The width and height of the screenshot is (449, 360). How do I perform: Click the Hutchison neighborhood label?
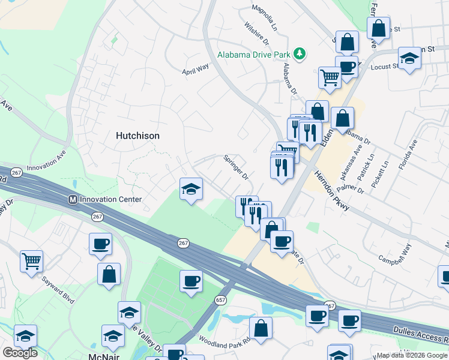click(x=137, y=136)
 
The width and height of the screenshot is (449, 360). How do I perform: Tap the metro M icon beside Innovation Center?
click(x=73, y=199)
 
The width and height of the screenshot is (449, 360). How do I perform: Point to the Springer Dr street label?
click(x=236, y=167)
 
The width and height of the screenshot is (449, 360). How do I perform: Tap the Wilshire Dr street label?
click(x=256, y=33)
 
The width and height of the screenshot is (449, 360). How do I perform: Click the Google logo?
click(x=20, y=353)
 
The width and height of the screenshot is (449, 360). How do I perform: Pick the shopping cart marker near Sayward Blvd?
click(x=31, y=260)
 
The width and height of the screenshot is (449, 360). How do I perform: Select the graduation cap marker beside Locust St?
click(x=409, y=58)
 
